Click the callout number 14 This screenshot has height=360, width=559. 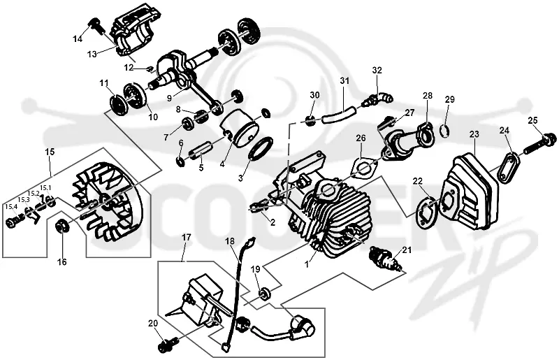point(78,39)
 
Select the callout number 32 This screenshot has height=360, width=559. point(377,71)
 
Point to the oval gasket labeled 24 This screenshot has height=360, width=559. point(509,167)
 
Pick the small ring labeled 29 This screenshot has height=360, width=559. point(444,131)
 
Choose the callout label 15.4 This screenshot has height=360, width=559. point(11,207)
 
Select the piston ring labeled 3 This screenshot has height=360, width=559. point(261,148)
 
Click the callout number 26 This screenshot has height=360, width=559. point(361,138)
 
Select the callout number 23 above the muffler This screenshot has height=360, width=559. point(474,134)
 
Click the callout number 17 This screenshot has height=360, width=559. point(187,237)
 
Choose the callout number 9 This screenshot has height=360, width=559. point(169,96)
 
